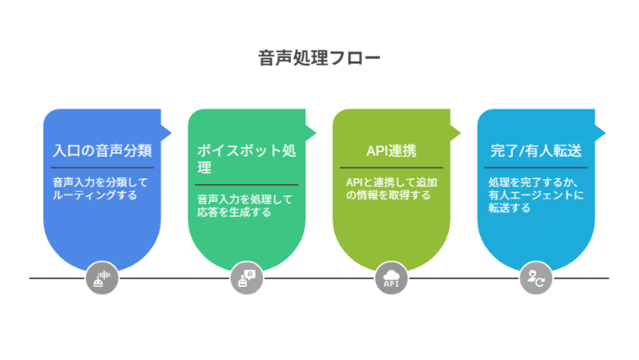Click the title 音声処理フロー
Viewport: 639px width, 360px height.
pos(319,58)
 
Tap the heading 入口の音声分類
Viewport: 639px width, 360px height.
pos(102,151)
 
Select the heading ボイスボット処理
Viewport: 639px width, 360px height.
pos(246,159)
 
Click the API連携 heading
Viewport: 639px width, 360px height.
pos(391,151)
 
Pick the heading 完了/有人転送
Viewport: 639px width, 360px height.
pos(536,151)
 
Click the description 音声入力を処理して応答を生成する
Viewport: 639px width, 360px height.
pos(245,205)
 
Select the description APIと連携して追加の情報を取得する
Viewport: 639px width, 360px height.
pos(389,188)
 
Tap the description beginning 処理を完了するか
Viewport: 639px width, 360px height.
pos(535,194)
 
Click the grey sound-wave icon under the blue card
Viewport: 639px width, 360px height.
pos(102,278)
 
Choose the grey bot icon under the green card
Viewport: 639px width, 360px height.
pos(246,278)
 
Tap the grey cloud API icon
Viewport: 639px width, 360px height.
pos(391,278)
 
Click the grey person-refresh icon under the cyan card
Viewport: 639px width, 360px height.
pos(536,278)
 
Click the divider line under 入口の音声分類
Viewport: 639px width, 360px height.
pos(102,168)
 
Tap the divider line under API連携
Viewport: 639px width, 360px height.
pos(391,168)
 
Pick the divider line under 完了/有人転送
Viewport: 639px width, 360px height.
pos(536,168)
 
